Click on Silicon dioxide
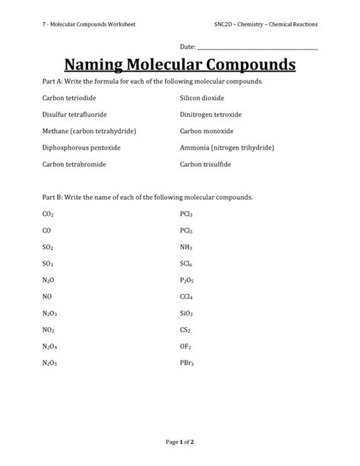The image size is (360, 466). point(202,99)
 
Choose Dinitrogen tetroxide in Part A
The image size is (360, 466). point(210,115)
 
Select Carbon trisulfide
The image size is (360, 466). point(206,163)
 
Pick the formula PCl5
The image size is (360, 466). point(186,230)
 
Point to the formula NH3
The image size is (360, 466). point(186,247)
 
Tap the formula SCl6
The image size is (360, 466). point(186,264)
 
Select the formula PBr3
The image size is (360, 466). point(187,363)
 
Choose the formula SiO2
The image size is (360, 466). point(187,313)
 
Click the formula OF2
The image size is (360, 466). point(185,347)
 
